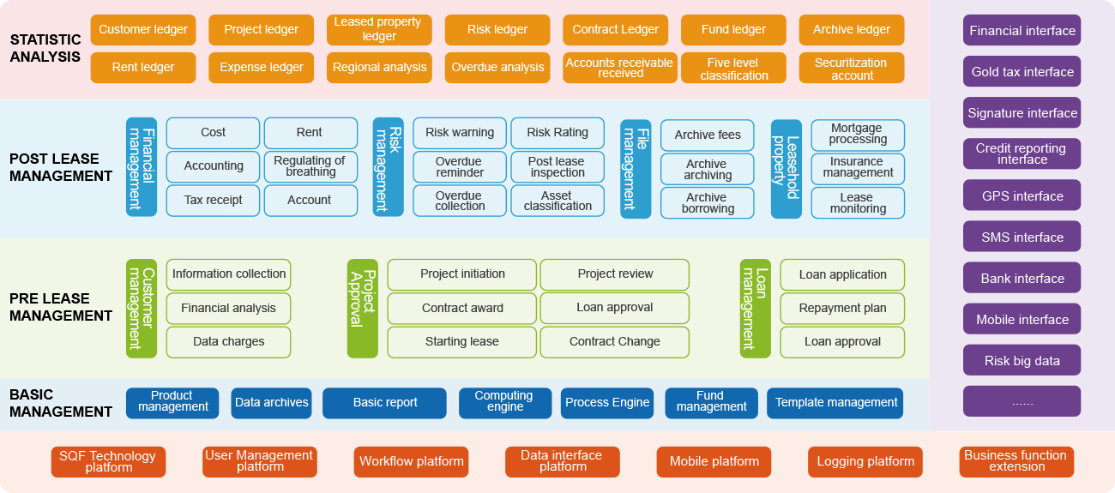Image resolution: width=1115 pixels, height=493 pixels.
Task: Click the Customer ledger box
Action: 142,30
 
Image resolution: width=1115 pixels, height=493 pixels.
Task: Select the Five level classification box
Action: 733,69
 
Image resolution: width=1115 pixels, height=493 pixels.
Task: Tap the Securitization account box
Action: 851,69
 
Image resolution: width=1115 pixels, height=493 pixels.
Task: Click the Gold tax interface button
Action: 1022,72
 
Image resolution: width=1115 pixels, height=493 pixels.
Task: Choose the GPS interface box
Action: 1022,195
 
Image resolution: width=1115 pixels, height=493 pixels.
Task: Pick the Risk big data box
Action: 1022,361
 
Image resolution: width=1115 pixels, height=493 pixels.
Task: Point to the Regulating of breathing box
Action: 310,166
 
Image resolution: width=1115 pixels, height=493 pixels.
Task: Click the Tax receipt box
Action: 213,201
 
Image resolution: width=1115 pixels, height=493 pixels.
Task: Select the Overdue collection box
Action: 460,201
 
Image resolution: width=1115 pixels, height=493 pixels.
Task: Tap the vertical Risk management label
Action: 388,167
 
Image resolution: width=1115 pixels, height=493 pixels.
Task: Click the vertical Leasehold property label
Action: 786,169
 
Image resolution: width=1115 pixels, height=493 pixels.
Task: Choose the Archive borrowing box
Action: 707,203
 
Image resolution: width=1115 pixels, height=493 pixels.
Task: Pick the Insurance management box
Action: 858,167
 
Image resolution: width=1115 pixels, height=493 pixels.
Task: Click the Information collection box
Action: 228,274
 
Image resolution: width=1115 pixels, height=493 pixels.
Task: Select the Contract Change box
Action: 614,342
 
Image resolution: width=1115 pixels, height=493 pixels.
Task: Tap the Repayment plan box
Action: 842,309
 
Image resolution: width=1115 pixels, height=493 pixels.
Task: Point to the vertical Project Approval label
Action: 362,308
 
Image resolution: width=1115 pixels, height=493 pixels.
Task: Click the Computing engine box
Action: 503,402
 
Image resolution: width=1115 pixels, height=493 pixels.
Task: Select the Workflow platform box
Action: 411,462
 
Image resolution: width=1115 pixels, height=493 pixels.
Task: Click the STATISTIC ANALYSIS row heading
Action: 45,49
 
